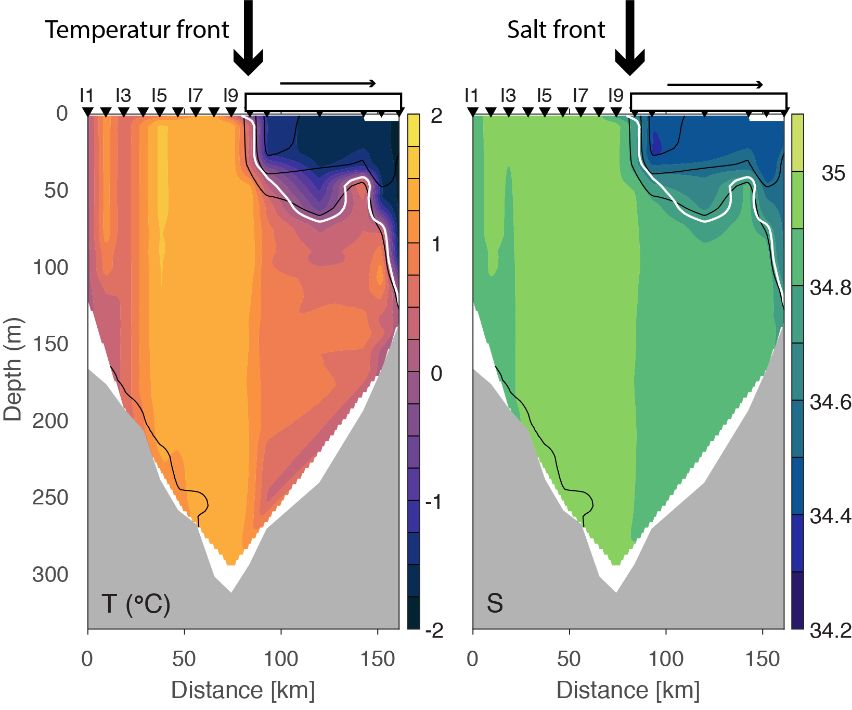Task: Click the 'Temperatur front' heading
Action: coord(137,30)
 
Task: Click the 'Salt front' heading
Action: coord(556,30)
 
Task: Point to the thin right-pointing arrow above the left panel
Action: coord(328,83)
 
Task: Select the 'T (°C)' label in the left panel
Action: coord(136,604)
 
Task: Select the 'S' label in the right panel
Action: coord(495,603)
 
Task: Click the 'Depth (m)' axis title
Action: coord(13,370)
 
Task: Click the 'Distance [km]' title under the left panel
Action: coord(243,690)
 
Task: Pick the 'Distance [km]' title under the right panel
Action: coord(628,690)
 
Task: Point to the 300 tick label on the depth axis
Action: coord(50,575)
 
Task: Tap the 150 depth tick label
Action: coord(50,344)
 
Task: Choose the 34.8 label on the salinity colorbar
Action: coord(830,287)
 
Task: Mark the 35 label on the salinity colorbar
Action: coord(833,174)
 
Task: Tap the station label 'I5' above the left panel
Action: coord(159,96)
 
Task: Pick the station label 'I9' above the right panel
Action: coord(615,96)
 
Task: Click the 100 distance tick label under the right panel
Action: coord(666,659)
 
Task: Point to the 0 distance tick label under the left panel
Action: coord(87,659)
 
